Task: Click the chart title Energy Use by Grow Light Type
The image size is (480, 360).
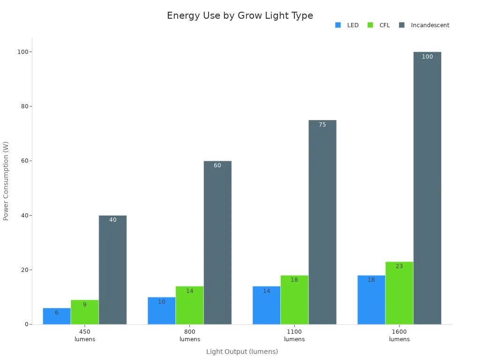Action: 240,15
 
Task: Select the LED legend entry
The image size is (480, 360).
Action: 347,25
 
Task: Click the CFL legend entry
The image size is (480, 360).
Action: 379,25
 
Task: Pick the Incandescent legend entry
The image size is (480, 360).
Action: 424,25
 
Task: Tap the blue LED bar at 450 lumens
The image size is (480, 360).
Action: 57,317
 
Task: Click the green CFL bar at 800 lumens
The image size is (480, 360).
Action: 189,306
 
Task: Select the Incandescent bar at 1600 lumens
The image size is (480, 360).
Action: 427,187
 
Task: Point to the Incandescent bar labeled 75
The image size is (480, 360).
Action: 322,222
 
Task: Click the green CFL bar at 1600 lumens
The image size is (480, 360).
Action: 399,293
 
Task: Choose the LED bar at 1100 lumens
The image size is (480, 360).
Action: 266,306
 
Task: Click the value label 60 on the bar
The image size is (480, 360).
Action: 217,165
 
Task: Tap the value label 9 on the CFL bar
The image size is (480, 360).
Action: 84,305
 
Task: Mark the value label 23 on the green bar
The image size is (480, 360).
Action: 399,266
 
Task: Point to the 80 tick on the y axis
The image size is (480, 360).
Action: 23,106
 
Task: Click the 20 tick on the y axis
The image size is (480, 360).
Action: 23,270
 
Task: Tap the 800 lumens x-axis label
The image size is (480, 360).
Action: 189,335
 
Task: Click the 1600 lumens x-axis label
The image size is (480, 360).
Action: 399,335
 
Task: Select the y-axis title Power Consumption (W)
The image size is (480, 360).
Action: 6,180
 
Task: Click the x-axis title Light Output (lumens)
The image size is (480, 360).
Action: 242,352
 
